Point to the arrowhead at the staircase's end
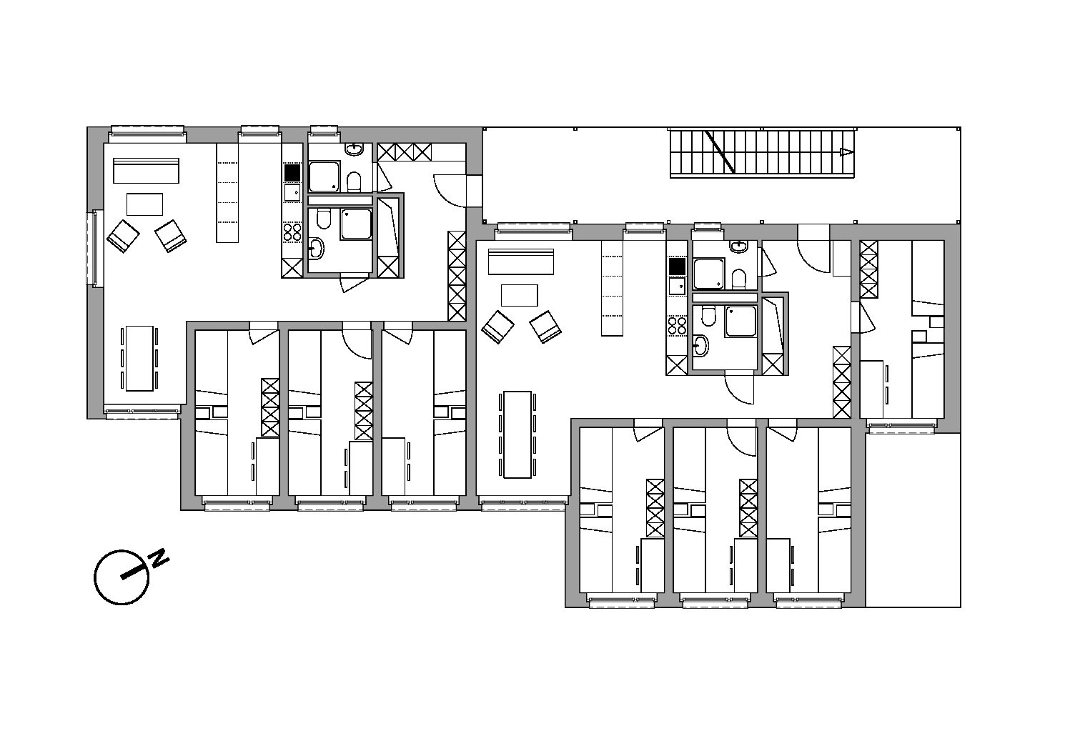846,152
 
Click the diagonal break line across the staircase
720,152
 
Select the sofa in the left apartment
147,171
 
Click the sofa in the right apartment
520,262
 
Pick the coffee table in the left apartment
144,204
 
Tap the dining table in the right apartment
517,434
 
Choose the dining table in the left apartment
139,359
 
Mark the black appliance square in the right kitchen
677,267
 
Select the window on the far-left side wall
95,249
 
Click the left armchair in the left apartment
123,236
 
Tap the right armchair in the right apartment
545,327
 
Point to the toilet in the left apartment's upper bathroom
354,182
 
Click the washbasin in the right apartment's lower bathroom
700,345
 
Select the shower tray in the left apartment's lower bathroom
356,224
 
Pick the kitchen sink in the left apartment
292,192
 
